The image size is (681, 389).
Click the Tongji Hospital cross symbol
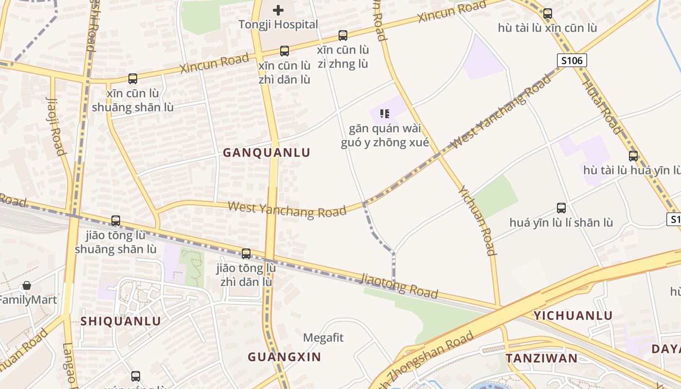278,10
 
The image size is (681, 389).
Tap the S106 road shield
572,60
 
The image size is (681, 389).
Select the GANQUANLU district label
267,153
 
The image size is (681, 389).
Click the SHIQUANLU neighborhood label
121,321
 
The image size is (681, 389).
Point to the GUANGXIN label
285,357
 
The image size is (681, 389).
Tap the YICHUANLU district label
573,316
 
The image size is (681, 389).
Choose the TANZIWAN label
541,359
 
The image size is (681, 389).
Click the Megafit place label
323,337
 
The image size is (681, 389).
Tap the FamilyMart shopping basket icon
27,285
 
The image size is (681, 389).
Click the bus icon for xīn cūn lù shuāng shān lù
132,78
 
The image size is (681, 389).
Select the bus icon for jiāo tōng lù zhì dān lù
246,253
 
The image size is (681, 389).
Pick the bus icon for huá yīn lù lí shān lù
561,208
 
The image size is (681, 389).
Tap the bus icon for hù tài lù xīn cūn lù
547,14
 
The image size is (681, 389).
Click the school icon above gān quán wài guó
385,114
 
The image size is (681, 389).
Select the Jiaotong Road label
399,286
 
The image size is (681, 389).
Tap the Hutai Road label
602,106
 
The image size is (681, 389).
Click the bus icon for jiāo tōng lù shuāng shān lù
115,221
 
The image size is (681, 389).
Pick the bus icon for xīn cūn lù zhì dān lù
284,51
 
